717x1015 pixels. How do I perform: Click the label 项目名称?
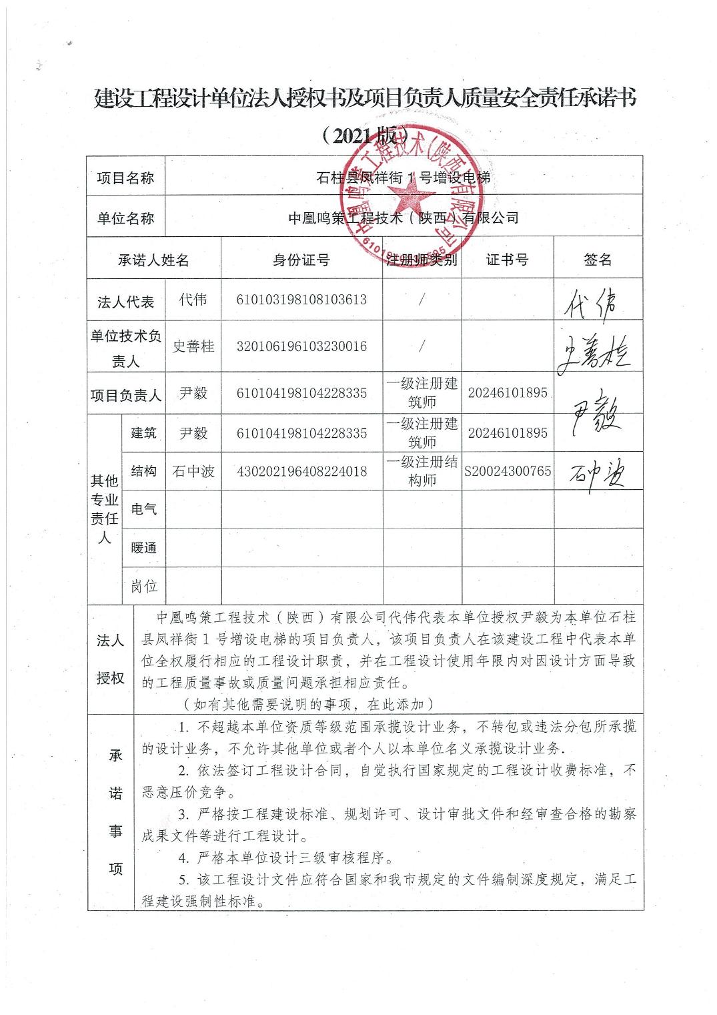[x=125, y=178]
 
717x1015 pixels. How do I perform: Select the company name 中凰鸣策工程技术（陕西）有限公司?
[x=403, y=218]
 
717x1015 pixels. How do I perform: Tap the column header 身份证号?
[x=301, y=260]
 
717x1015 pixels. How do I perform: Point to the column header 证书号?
[x=507, y=260]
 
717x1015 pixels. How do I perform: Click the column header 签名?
[x=597, y=260]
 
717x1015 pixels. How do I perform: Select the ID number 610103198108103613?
[x=301, y=300]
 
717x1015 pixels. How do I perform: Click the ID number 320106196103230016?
[x=301, y=346]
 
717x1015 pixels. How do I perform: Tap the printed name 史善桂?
[x=193, y=346]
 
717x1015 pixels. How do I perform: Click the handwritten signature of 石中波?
[x=597, y=474]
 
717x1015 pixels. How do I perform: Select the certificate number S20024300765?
[x=508, y=471]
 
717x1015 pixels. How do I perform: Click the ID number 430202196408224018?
[x=301, y=471]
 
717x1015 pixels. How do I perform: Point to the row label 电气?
[x=144, y=510]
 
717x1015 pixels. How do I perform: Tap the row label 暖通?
[x=144, y=548]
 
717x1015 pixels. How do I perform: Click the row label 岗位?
[x=144, y=586]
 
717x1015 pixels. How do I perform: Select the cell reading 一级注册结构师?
[x=422, y=470]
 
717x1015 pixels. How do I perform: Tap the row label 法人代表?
[x=126, y=302]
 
